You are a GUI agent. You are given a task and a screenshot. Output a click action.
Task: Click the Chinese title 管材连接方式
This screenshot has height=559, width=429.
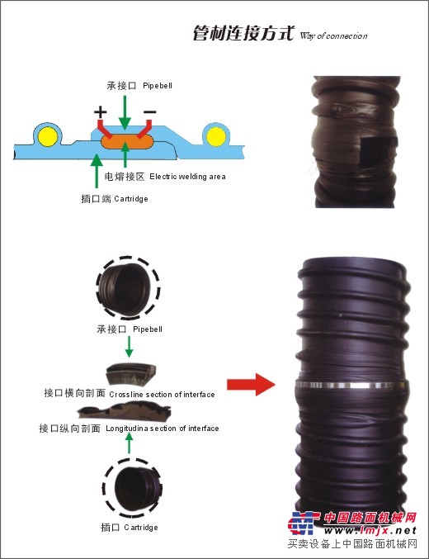point(243,33)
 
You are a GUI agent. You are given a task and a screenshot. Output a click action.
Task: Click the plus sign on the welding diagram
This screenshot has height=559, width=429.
point(101,112)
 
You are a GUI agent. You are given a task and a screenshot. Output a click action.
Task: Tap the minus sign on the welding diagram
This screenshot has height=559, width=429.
point(150,112)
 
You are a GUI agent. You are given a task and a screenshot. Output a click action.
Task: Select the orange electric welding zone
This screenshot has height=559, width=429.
point(127,141)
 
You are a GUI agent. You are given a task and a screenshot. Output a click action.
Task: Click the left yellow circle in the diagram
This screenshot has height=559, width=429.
point(48,136)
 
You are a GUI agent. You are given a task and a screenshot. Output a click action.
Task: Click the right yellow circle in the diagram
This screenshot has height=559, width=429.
point(216,136)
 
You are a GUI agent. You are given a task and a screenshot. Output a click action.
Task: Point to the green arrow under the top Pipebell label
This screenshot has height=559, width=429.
point(125,112)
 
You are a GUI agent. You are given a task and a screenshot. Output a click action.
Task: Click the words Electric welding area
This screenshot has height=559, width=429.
point(187,177)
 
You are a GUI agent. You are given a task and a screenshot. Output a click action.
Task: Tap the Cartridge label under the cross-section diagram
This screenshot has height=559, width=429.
point(131,199)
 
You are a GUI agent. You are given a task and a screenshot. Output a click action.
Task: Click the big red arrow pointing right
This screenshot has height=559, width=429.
point(251,384)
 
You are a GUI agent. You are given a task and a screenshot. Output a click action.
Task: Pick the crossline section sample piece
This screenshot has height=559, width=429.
point(131,374)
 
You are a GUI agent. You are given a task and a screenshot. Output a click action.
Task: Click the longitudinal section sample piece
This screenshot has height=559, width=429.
point(125,411)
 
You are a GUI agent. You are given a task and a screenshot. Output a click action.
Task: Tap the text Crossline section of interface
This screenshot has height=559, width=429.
point(162,395)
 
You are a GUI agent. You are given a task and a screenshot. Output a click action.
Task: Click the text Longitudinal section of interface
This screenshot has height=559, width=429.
point(163,429)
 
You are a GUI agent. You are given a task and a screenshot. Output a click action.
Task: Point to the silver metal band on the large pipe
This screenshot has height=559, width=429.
point(351,385)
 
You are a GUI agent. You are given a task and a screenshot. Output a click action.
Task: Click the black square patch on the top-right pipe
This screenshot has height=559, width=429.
point(377,153)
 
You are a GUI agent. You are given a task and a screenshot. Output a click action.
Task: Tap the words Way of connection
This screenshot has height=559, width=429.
point(333,36)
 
